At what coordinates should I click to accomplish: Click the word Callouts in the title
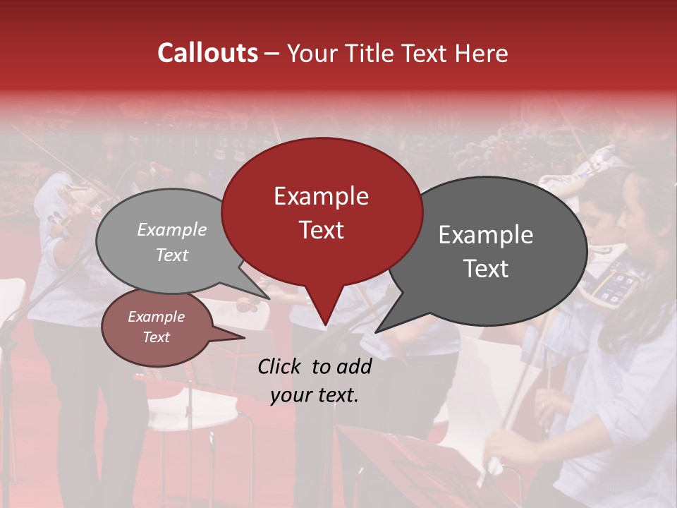click(x=207, y=53)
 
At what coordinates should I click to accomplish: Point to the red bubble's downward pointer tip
click(x=325, y=324)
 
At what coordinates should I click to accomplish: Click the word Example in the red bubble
click(x=321, y=196)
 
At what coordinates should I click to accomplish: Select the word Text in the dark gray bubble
click(x=486, y=269)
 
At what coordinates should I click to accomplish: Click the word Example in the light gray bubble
click(x=172, y=229)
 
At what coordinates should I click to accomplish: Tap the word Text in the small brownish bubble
click(x=157, y=337)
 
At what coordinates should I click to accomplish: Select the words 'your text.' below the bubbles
click(x=315, y=395)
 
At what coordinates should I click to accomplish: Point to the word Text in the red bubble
click(x=321, y=230)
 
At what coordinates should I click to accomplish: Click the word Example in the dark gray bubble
click(x=486, y=235)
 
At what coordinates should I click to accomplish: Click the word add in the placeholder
click(x=354, y=367)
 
